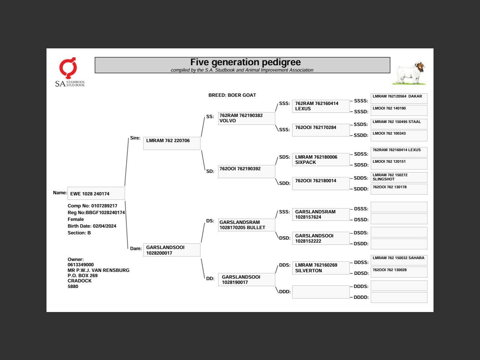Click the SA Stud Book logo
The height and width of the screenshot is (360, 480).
click(x=70, y=72)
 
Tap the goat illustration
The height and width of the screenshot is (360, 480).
click(x=410, y=73)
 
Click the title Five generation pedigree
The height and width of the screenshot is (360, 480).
click(x=245, y=62)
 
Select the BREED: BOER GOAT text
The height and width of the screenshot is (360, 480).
click(x=232, y=95)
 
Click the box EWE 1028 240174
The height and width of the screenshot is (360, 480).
click(x=96, y=193)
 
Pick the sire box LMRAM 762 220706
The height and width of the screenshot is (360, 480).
click(x=172, y=143)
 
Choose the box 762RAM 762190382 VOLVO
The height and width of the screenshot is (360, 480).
click(x=246, y=118)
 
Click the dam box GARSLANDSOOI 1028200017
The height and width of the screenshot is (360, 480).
click(x=172, y=250)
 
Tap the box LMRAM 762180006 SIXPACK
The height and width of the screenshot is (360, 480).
click(x=321, y=159)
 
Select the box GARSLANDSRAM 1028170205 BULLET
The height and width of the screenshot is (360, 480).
click(x=246, y=225)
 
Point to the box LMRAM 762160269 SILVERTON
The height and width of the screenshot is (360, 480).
click(x=321, y=268)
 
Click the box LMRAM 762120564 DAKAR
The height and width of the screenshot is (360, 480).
click(x=399, y=99)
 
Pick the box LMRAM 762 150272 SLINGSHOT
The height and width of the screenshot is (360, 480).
click(x=399, y=177)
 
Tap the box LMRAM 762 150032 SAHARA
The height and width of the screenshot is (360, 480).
click(x=399, y=260)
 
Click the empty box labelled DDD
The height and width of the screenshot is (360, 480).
click(x=321, y=292)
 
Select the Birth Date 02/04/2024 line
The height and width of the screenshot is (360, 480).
click(x=92, y=226)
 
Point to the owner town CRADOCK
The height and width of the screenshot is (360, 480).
click(x=79, y=281)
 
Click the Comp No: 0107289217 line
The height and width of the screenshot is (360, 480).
click(x=92, y=206)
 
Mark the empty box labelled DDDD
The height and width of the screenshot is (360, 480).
click(x=399, y=297)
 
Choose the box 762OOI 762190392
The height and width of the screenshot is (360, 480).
click(x=246, y=171)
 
